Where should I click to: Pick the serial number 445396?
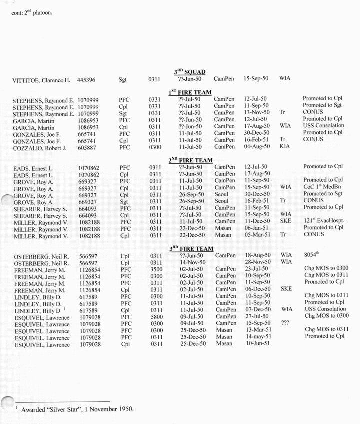tap(88, 79)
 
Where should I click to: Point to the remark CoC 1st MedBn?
tap(322, 187)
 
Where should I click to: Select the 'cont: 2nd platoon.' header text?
tap(32, 12)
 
